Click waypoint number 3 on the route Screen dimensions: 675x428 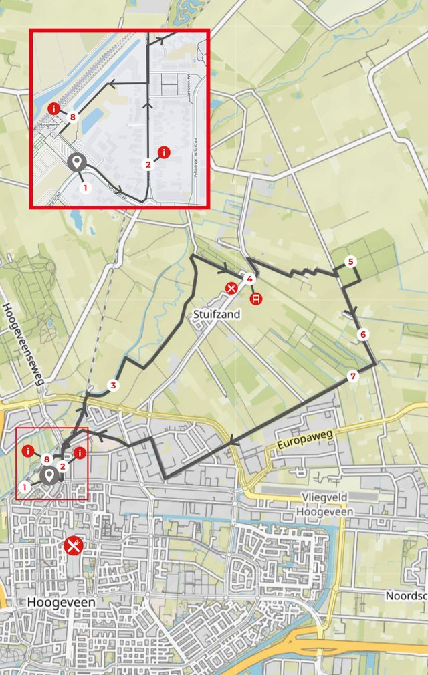pyautogui.click(x=113, y=385)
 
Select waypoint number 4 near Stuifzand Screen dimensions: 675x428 pyautogui.click(x=249, y=279)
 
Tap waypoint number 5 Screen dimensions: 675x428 pyautogui.click(x=351, y=261)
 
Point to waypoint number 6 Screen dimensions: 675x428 pyautogui.click(x=363, y=334)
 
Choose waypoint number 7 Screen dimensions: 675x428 pyautogui.click(x=353, y=376)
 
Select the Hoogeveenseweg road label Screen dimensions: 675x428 pyautogui.click(x=24, y=344)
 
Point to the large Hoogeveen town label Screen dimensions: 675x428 pyautogui.click(x=61, y=602)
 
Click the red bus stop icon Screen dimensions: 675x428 pyautogui.click(x=255, y=299)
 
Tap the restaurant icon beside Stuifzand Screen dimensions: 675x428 pyautogui.click(x=231, y=289)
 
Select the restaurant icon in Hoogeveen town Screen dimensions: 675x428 pyautogui.click(x=74, y=545)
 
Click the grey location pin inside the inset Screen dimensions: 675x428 pyautogui.click(x=77, y=162)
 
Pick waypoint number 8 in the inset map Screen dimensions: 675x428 pyautogui.click(x=72, y=118)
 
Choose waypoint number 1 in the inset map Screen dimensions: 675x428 pyautogui.click(x=85, y=188)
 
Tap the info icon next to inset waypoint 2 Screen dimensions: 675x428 pyautogui.click(x=164, y=152)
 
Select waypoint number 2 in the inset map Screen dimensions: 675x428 pyautogui.click(x=148, y=164)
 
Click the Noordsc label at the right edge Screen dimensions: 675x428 pyautogui.click(x=406, y=595)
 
